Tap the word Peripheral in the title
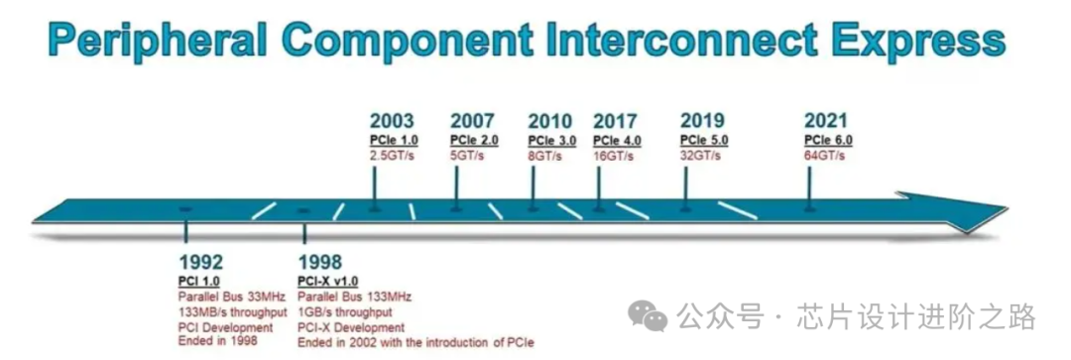click(x=157, y=41)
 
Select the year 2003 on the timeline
click(x=392, y=121)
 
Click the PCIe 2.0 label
click(x=474, y=141)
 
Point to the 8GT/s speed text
click(x=544, y=156)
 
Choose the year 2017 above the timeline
click(x=616, y=121)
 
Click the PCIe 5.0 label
click(x=704, y=141)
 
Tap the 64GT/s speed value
click(x=824, y=156)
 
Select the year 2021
click(x=826, y=121)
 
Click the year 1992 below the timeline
click(x=200, y=262)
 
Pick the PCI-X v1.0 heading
click(x=328, y=282)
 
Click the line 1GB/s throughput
click(x=345, y=312)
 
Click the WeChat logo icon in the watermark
click(x=648, y=315)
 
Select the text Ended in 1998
click(x=218, y=340)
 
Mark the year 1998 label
click(x=320, y=262)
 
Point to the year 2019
click(x=702, y=121)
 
